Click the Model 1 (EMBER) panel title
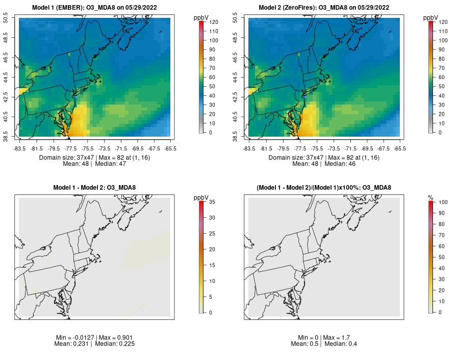click(x=96, y=8)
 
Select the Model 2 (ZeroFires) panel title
click(x=325, y=8)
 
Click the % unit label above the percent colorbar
click(x=430, y=197)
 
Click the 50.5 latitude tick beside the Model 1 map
click(x=13, y=18)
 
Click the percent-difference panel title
click(x=325, y=188)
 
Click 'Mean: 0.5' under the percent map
click(x=305, y=344)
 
